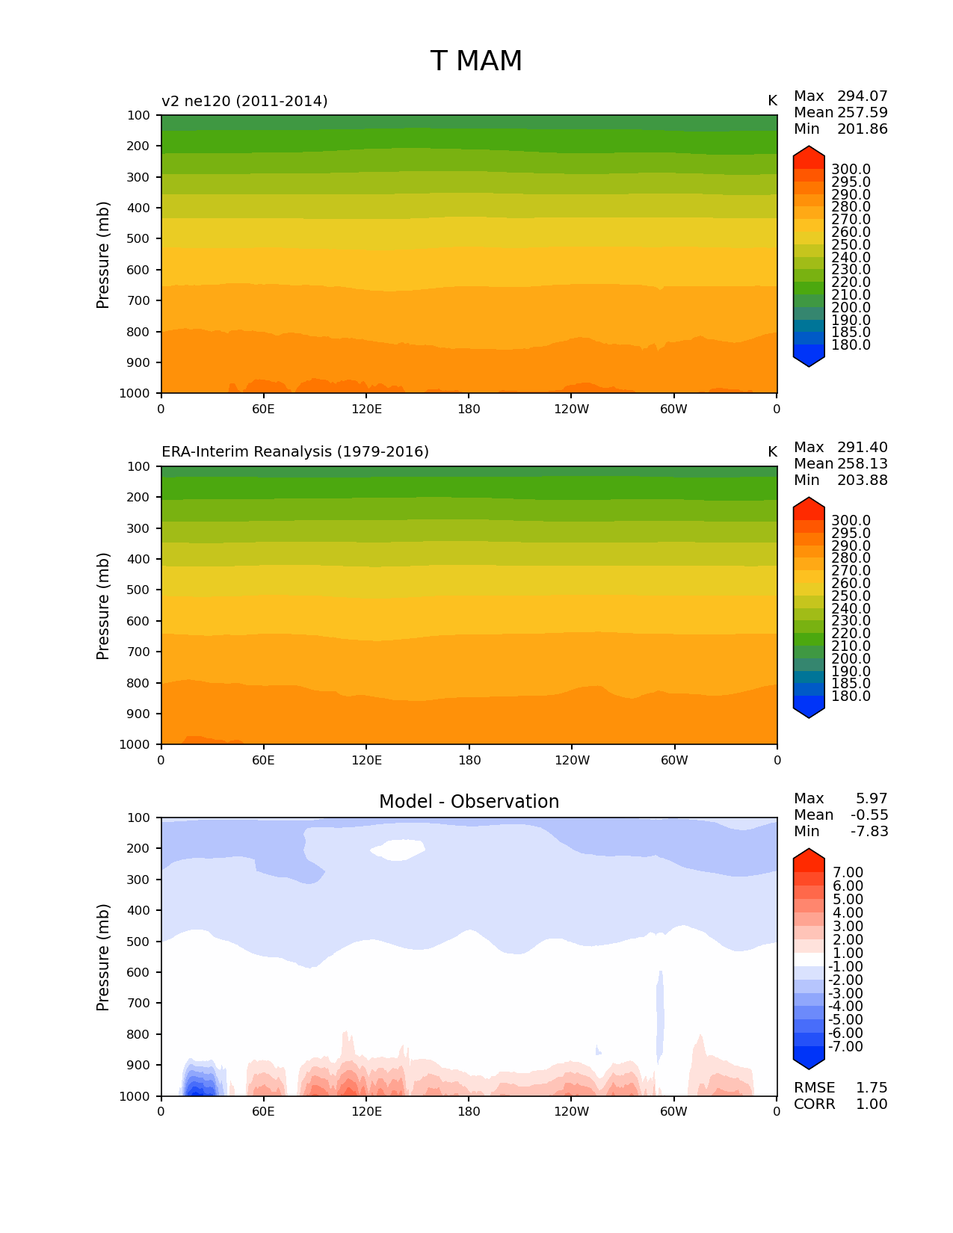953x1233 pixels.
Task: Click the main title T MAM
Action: tap(476, 61)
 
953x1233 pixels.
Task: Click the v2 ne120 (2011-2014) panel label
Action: tap(244, 101)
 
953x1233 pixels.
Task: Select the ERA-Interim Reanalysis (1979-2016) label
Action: tap(295, 452)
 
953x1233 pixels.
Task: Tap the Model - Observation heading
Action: tap(469, 802)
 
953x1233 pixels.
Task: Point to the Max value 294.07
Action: tap(862, 96)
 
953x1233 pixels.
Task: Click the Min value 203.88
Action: tap(862, 480)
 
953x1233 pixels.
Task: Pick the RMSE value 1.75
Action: tap(872, 1088)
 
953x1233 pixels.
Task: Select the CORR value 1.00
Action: tap(872, 1104)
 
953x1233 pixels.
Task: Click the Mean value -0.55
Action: tap(869, 815)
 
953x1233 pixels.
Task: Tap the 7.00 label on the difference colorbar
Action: tap(848, 873)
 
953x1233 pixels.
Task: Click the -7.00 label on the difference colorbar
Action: tap(845, 1047)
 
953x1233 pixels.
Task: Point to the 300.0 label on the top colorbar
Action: tap(851, 170)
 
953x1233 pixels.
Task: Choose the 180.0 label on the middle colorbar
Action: tap(851, 696)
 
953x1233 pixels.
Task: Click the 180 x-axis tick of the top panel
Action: tap(469, 410)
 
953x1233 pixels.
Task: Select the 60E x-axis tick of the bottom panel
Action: tap(263, 1112)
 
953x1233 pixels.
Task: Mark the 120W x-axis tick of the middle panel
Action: tap(572, 761)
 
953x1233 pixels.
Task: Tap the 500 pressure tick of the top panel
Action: tap(138, 239)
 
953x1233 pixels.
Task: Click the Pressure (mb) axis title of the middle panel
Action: tap(103, 606)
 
